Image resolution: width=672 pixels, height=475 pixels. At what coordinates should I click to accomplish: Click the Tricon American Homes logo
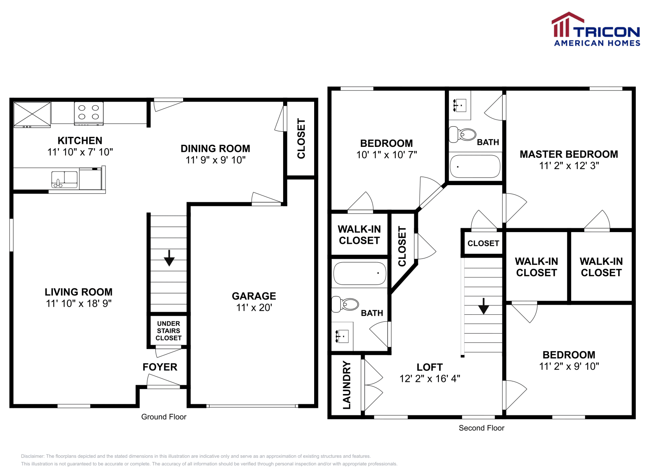596,30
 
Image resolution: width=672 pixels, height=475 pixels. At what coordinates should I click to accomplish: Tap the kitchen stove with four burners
89,113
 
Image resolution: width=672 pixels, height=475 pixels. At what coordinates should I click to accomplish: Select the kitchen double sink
64,179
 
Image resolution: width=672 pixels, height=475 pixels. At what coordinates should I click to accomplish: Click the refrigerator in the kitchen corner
32,114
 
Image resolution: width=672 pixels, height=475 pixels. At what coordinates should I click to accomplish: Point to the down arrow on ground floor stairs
169,258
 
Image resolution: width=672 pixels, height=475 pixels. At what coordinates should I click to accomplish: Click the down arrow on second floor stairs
483,306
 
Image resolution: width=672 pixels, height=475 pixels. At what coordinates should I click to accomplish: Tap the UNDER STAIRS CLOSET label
168,331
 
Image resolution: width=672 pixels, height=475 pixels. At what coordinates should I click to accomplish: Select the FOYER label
160,367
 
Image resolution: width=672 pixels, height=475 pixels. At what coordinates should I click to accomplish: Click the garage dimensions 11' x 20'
254,308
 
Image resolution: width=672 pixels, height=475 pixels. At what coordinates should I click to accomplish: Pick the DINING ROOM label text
215,149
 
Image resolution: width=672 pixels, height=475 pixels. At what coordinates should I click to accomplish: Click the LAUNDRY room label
346,385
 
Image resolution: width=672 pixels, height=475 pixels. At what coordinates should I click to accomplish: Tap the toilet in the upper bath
463,134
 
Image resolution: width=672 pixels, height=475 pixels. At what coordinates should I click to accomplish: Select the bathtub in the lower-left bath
360,273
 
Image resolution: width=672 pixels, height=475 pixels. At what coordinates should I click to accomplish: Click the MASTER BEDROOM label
569,154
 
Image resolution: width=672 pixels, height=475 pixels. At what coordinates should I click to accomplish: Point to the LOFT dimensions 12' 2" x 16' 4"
429,378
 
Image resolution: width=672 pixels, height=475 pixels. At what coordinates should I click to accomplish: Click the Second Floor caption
481,428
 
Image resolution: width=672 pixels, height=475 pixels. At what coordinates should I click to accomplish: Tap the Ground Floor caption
163,417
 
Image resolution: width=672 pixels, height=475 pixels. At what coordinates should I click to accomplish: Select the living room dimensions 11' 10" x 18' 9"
79,303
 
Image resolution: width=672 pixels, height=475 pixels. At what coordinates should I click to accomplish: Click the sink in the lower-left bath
342,336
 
